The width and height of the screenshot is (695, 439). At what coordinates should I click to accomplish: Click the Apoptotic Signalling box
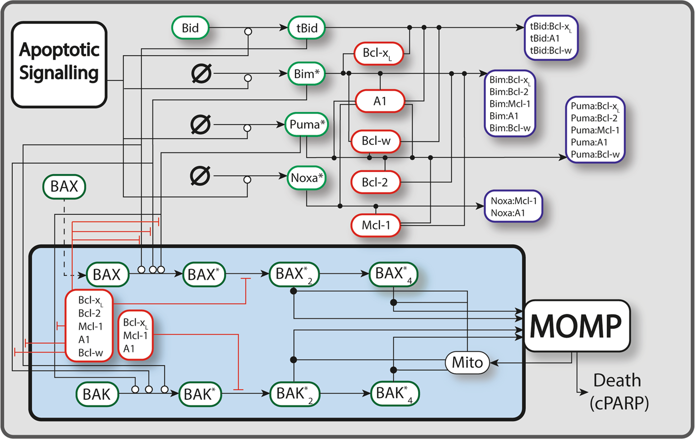click(x=59, y=65)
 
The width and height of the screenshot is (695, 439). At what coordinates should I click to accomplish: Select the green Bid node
click(x=190, y=27)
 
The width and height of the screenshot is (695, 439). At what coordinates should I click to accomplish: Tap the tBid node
click(x=307, y=27)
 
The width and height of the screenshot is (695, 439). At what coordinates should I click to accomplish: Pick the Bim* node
click(x=307, y=74)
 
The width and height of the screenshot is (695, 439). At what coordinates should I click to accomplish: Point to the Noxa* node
click(x=307, y=177)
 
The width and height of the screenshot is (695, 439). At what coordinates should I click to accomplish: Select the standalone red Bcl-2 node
click(x=375, y=182)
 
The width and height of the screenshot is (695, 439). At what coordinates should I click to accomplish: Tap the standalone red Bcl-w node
click(x=375, y=141)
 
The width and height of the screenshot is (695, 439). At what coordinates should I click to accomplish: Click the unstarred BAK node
click(x=96, y=395)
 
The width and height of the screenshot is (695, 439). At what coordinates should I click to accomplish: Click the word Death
click(x=617, y=381)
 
